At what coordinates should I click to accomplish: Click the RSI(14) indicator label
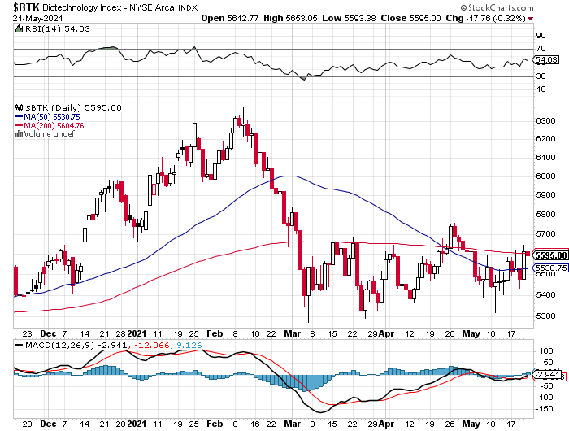click(x=38, y=29)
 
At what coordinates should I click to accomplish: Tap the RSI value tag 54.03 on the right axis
click(x=544, y=59)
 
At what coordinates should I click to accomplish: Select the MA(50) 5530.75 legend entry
click(x=55, y=116)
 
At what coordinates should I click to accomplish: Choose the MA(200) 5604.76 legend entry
click(x=58, y=125)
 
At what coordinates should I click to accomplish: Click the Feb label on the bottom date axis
click(x=215, y=333)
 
